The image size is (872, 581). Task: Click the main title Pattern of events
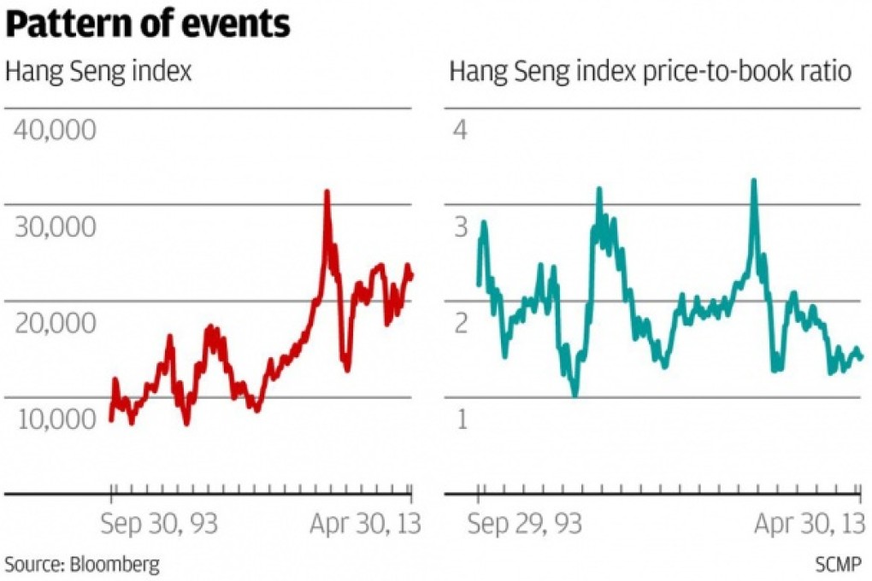[148, 25]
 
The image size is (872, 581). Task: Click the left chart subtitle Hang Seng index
[98, 72]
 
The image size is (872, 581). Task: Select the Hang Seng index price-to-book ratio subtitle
[651, 72]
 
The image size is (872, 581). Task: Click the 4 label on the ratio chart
[463, 132]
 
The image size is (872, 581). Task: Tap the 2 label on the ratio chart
[463, 324]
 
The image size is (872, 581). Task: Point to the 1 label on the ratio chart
[463, 420]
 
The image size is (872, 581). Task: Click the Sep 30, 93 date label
[159, 524]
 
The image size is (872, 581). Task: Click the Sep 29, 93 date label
[525, 524]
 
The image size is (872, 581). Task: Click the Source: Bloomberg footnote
[82, 564]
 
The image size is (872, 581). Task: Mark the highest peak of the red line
[327, 191]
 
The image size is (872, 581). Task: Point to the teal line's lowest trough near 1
[574, 395]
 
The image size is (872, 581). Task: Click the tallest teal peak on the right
[753, 180]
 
